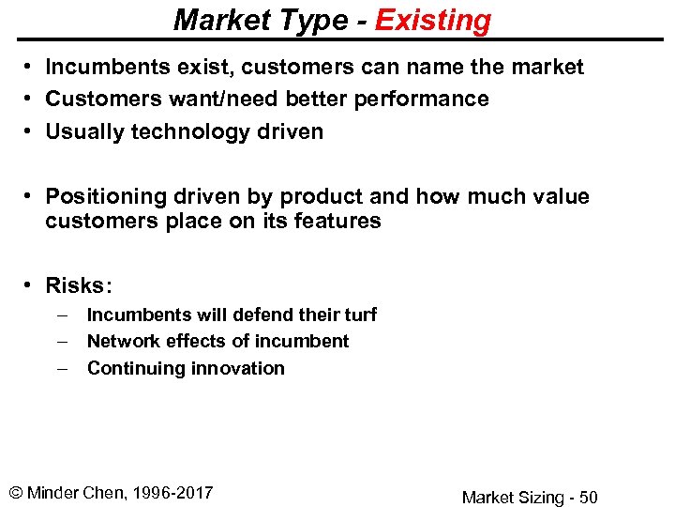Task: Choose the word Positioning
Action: click(104, 197)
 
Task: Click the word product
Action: click(308, 197)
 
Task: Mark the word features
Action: click(339, 222)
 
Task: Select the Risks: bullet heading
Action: click(78, 285)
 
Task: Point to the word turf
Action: click(360, 315)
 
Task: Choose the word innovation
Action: click(241, 368)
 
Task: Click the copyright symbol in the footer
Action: click(16, 493)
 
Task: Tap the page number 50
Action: click(587, 498)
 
